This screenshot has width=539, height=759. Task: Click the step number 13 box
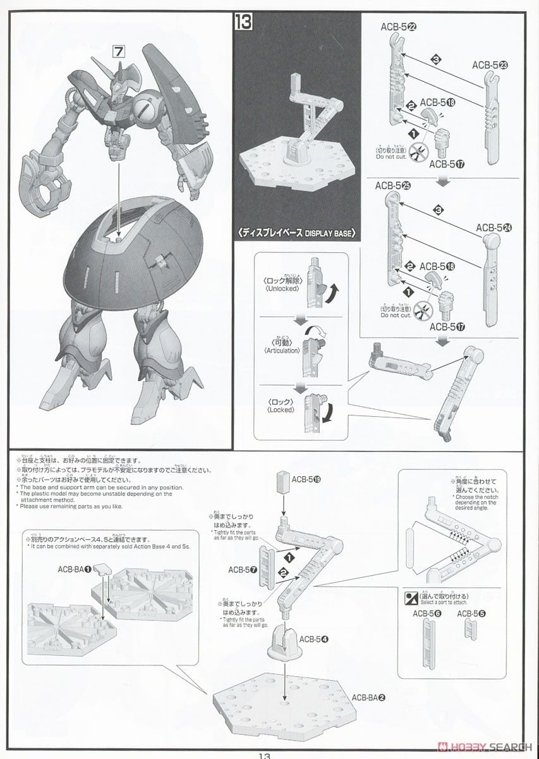(244, 23)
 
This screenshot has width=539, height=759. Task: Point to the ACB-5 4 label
(315, 639)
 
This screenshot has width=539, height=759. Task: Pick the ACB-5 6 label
(427, 613)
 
